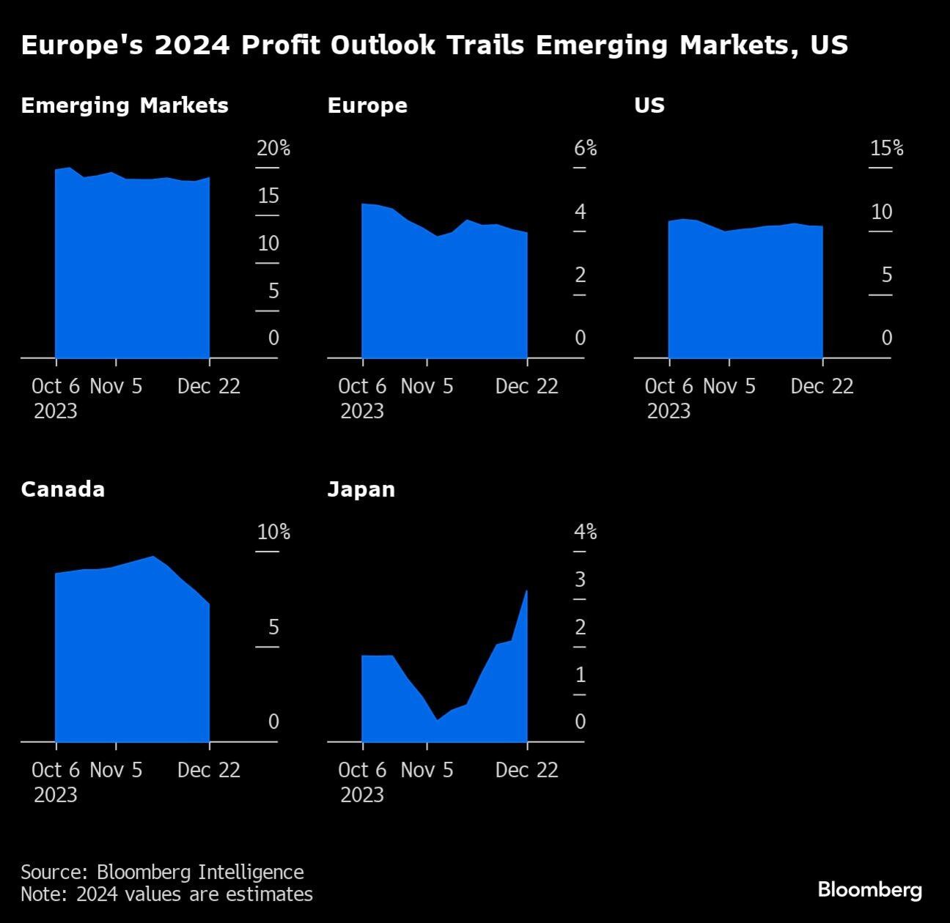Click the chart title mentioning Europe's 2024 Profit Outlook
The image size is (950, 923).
click(x=434, y=45)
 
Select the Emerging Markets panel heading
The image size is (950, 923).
click(x=125, y=105)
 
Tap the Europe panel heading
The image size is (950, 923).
click(x=367, y=105)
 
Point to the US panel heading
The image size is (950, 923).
click(x=649, y=105)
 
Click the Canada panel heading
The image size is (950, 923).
click(x=63, y=489)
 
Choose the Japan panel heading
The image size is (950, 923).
click(x=361, y=489)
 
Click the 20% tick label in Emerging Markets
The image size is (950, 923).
click(x=273, y=149)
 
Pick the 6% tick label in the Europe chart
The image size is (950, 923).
click(x=585, y=149)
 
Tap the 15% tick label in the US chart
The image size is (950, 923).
click(x=886, y=149)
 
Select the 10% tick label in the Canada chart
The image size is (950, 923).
click(x=273, y=533)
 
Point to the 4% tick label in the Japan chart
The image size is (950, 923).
click(x=585, y=533)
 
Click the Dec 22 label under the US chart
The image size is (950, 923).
click(x=822, y=387)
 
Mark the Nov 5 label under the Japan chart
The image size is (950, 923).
click(x=427, y=771)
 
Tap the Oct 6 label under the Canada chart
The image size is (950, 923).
click(x=56, y=771)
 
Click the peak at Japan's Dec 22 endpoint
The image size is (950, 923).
click(x=526, y=591)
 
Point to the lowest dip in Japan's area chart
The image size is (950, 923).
click(x=437, y=720)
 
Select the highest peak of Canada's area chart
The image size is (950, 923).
click(x=153, y=557)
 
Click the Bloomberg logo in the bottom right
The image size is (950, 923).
click(x=869, y=890)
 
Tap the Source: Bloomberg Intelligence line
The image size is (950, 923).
click(x=162, y=872)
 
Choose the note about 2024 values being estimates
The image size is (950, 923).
click(x=166, y=894)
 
